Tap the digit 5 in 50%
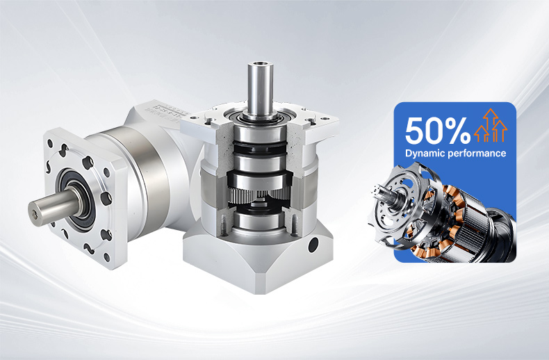pos(413,131)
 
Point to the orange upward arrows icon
pos(490,125)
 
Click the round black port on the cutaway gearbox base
pos(313,245)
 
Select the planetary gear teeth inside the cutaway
pos(259,195)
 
